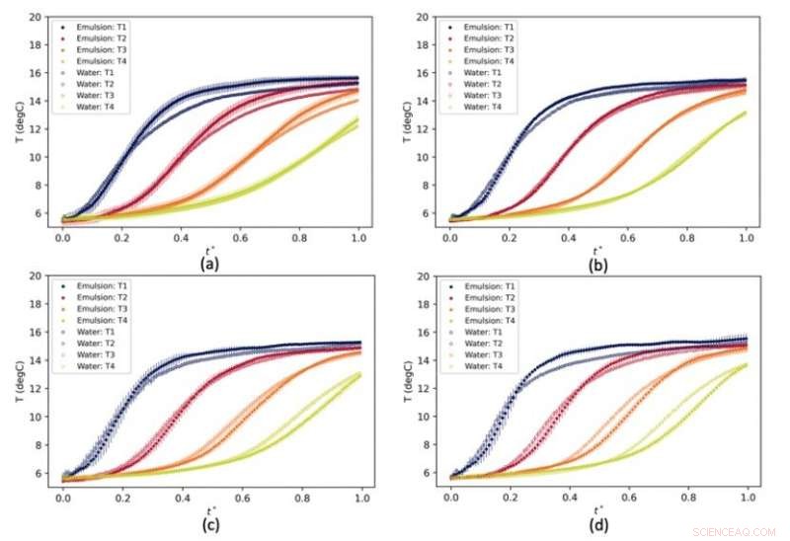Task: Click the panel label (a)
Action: tap(209, 265)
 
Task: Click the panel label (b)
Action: tap(597, 265)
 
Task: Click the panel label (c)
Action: tap(209, 524)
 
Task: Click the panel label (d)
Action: tap(597, 524)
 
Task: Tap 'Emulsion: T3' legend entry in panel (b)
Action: tap(487, 49)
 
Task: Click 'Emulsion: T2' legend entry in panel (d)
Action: tap(487, 297)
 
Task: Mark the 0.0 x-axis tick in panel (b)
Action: tap(450, 238)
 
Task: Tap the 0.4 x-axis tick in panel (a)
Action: tap(181, 238)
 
